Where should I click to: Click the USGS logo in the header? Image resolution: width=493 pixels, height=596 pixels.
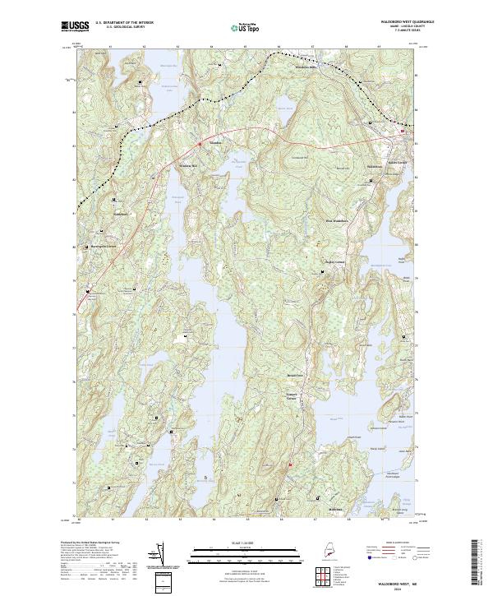[75, 26]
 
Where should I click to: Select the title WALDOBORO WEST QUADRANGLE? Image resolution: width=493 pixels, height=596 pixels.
[395, 22]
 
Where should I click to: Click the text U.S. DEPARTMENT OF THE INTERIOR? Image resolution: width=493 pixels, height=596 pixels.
[124, 23]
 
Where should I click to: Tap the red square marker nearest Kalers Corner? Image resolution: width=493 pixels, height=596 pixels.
[403, 132]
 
